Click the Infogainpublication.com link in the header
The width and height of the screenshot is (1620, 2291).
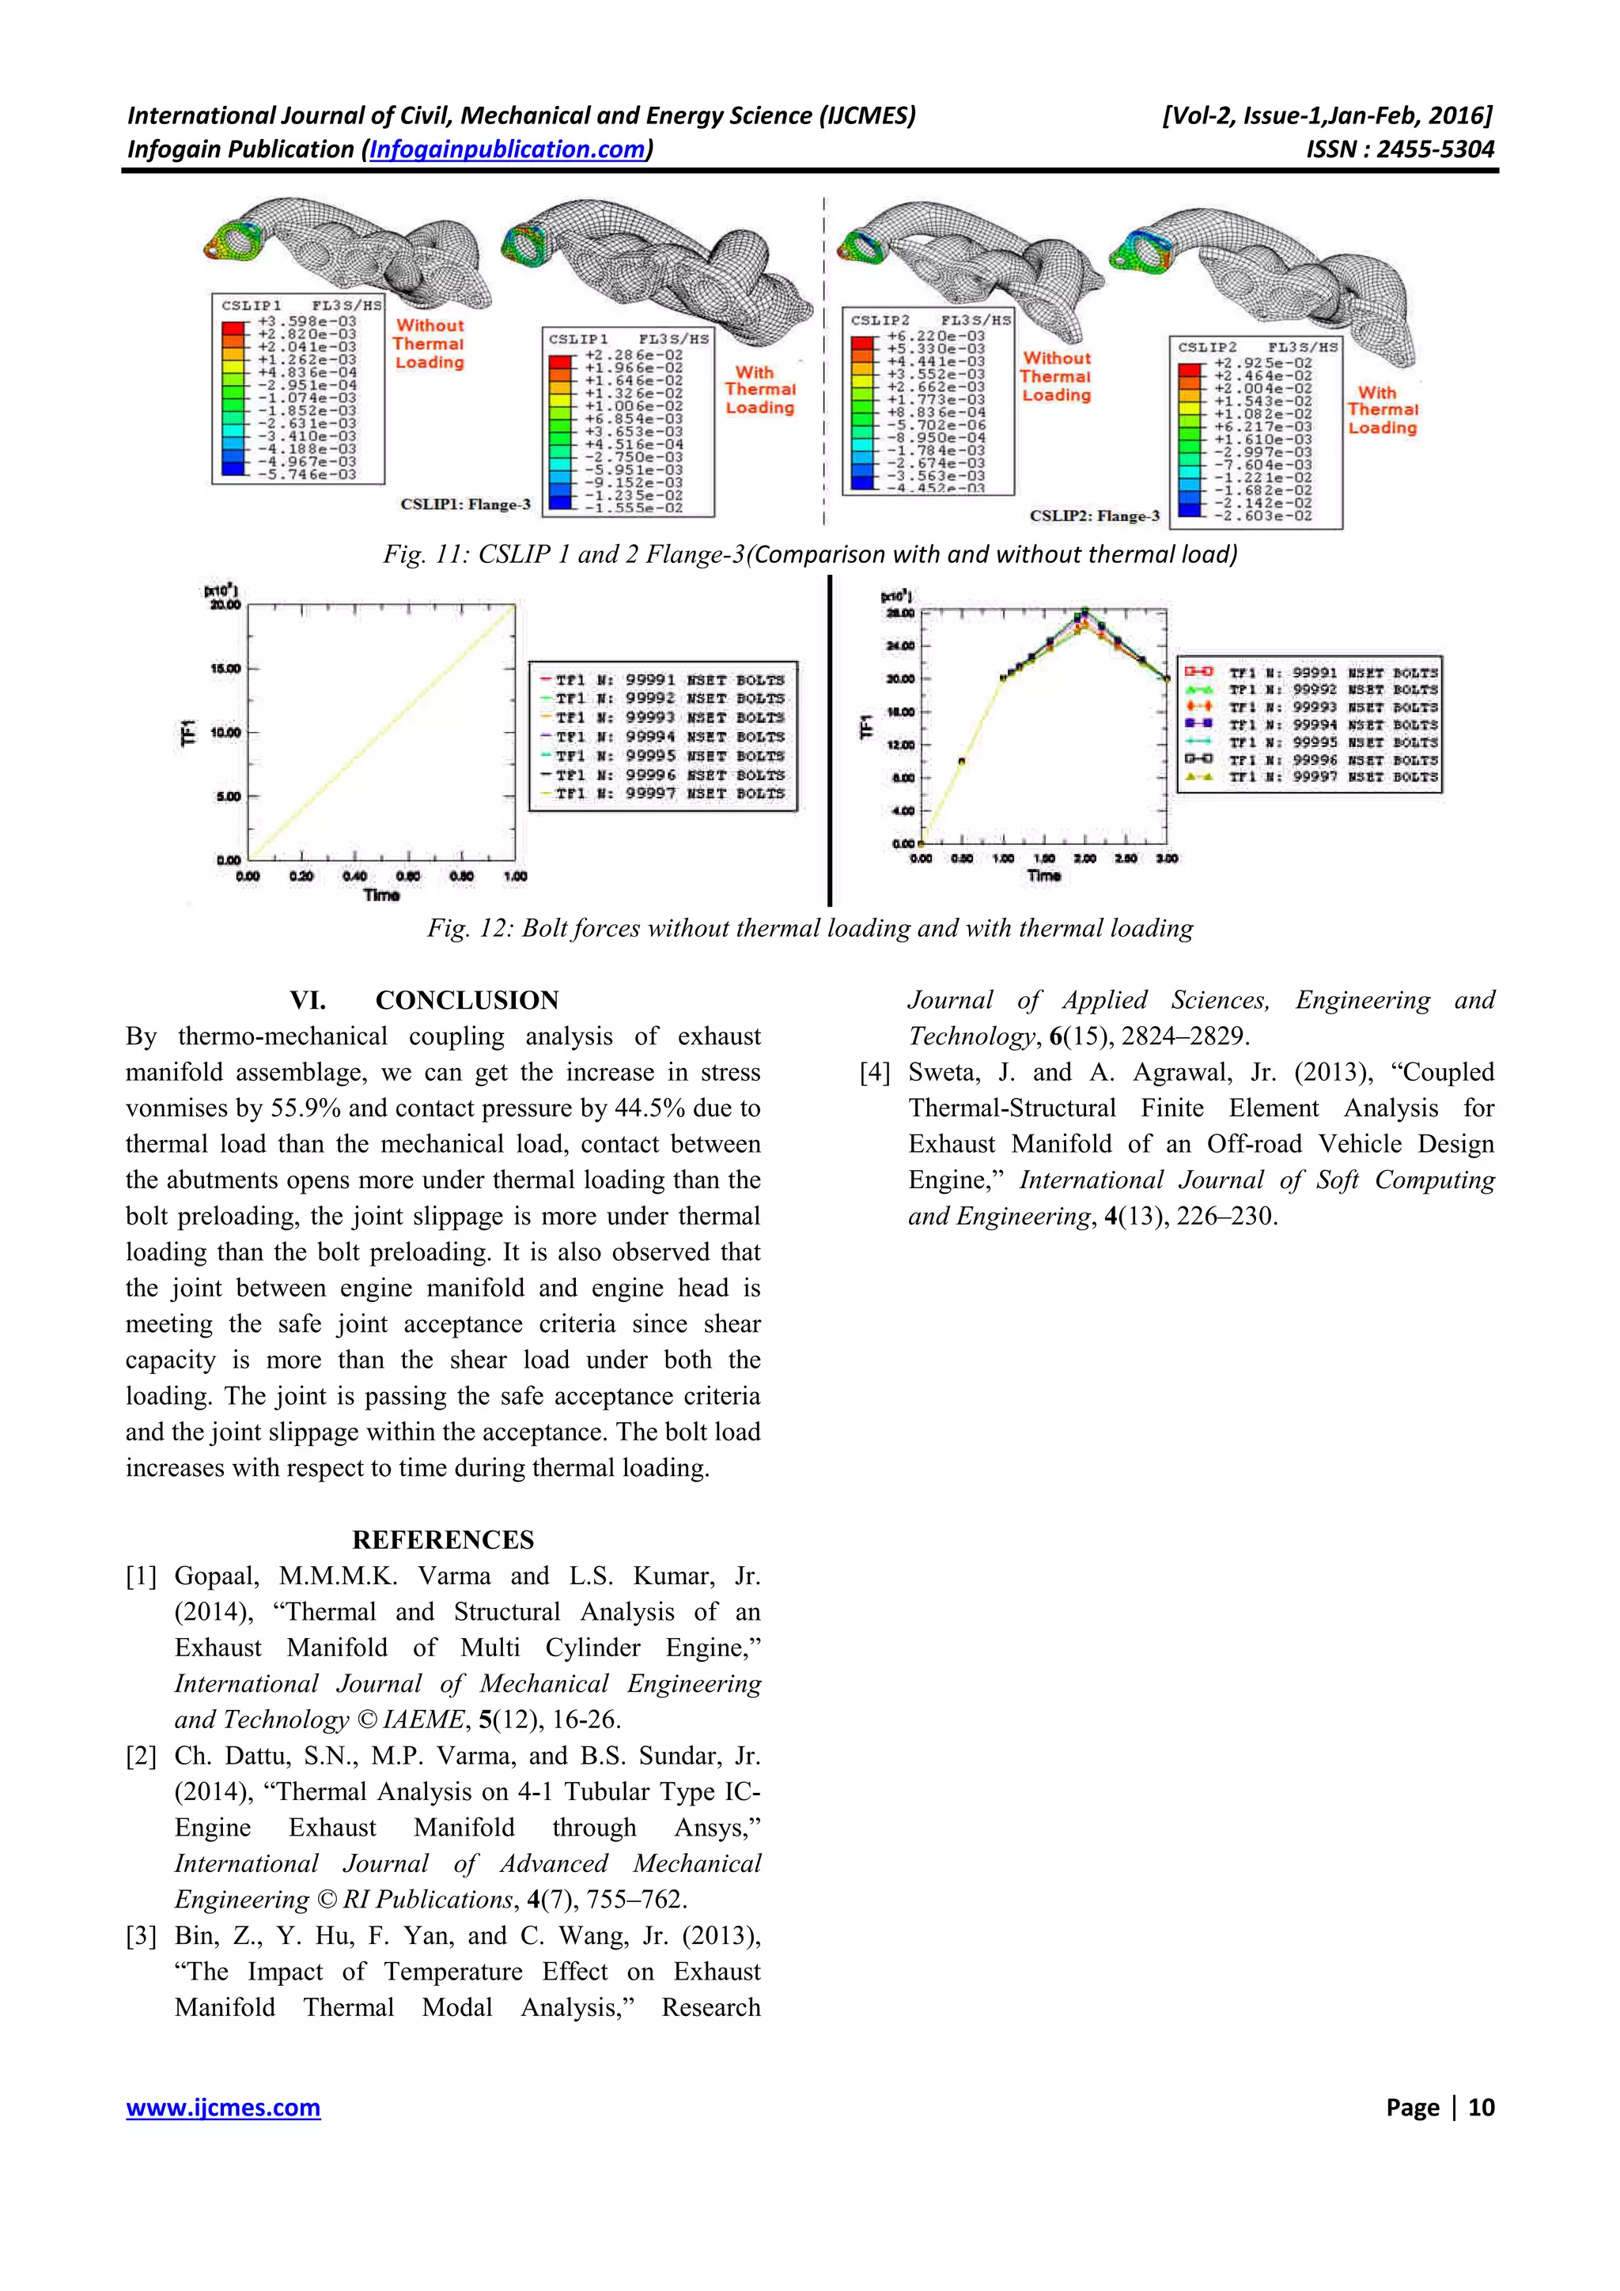pos(507,149)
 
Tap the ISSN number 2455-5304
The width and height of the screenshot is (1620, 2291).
pos(1434,149)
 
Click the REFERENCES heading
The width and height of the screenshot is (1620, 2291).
pos(442,1540)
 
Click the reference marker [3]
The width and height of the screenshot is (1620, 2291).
pos(141,1936)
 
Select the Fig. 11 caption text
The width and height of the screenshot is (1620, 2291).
pos(809,555)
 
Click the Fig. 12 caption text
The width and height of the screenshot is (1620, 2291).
pos(809,929)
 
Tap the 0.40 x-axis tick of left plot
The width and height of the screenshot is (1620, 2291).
pos(354,877)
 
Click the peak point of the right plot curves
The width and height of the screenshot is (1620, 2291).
pos(1085,613)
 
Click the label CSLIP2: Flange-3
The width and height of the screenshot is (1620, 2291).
pos(1095,516)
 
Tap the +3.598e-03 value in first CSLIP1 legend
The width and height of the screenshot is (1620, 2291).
pos(306,321)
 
